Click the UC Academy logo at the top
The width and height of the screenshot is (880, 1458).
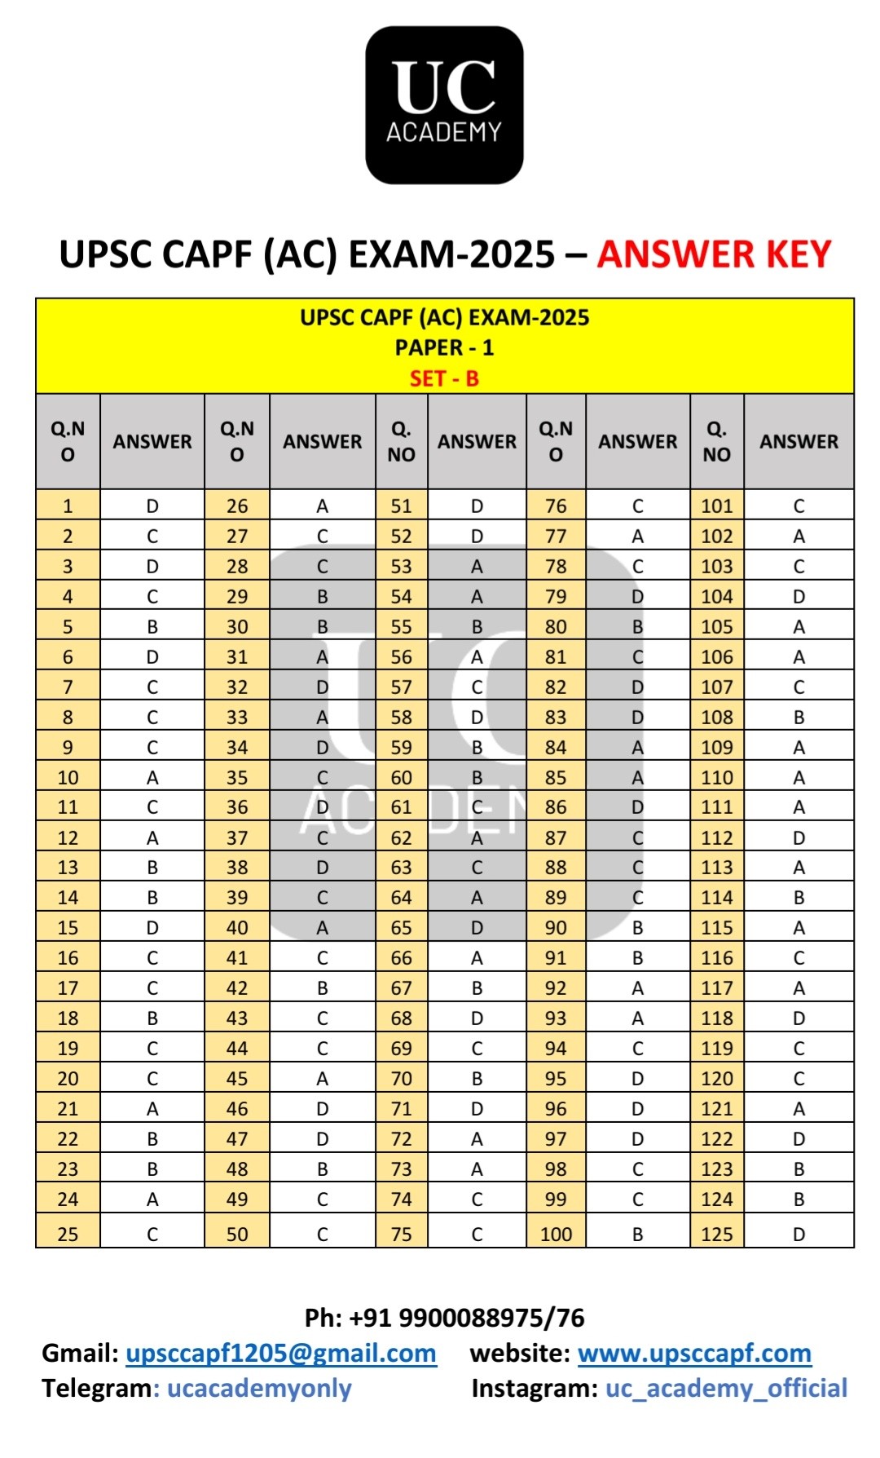coord(444,105)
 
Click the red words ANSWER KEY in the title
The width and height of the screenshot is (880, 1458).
coord(714,254)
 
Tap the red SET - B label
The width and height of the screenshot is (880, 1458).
coord(444,379)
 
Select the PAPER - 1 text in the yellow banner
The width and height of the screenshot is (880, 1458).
coord(444,348)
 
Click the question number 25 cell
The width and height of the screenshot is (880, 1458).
coord(68,1234)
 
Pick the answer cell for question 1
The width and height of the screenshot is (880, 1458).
coord(152,506)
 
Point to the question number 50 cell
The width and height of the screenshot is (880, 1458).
coord(237,1234)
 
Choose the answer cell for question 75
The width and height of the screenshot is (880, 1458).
coord(477,1234)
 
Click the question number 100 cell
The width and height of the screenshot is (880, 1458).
coord(556,1234)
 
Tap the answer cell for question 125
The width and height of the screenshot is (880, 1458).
coord(799,1234)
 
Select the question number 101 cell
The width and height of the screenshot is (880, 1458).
coord(717,506)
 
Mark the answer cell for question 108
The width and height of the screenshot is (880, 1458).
coord(799,718)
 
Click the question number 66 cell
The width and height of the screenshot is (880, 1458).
coord(401,958)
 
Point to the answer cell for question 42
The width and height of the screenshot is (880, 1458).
coord(322,988)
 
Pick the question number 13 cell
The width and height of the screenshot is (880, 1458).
coord(68,868)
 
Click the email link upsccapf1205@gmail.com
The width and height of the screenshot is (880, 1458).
coord(281,1354)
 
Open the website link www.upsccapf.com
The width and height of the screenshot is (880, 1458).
coord(694,1354)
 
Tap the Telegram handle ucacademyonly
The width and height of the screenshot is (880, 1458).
coord(259,1389)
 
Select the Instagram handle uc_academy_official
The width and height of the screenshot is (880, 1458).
coord(726,1389)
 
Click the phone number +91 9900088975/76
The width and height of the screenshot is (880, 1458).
coord(466,1318)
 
